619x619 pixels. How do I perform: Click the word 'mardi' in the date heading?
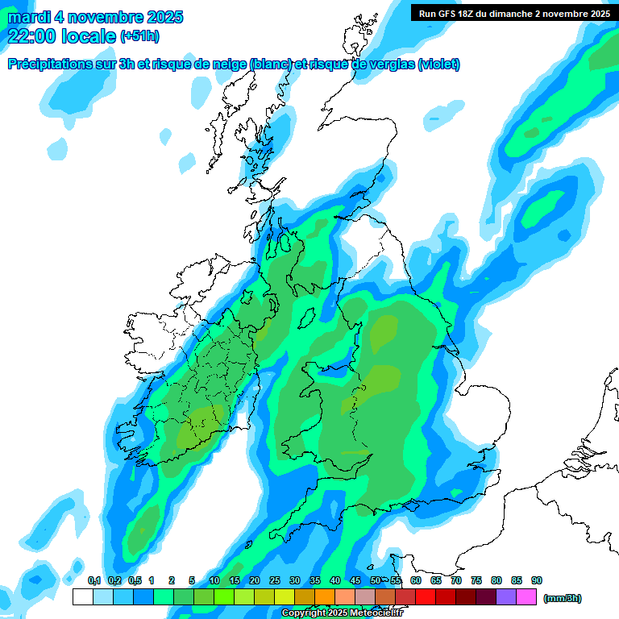point(28,17)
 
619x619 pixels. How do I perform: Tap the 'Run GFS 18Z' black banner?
point(513,14)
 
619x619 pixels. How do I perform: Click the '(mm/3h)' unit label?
point(562,598)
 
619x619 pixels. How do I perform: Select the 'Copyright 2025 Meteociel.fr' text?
point(342,613)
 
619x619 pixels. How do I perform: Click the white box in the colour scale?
point(82,597)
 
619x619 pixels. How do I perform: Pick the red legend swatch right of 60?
point(426,597)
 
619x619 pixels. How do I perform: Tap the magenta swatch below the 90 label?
point(526,597)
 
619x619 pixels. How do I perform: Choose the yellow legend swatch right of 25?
point(285,597)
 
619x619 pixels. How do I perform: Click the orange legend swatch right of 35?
point(325,597)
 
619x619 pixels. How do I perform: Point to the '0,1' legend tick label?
point(93,581)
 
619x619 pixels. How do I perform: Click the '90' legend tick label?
point(537,581)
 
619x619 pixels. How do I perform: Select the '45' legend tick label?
point(355,581)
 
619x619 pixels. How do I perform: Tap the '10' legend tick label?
point(214,581)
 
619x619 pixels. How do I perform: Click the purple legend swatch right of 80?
point(506,597)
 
